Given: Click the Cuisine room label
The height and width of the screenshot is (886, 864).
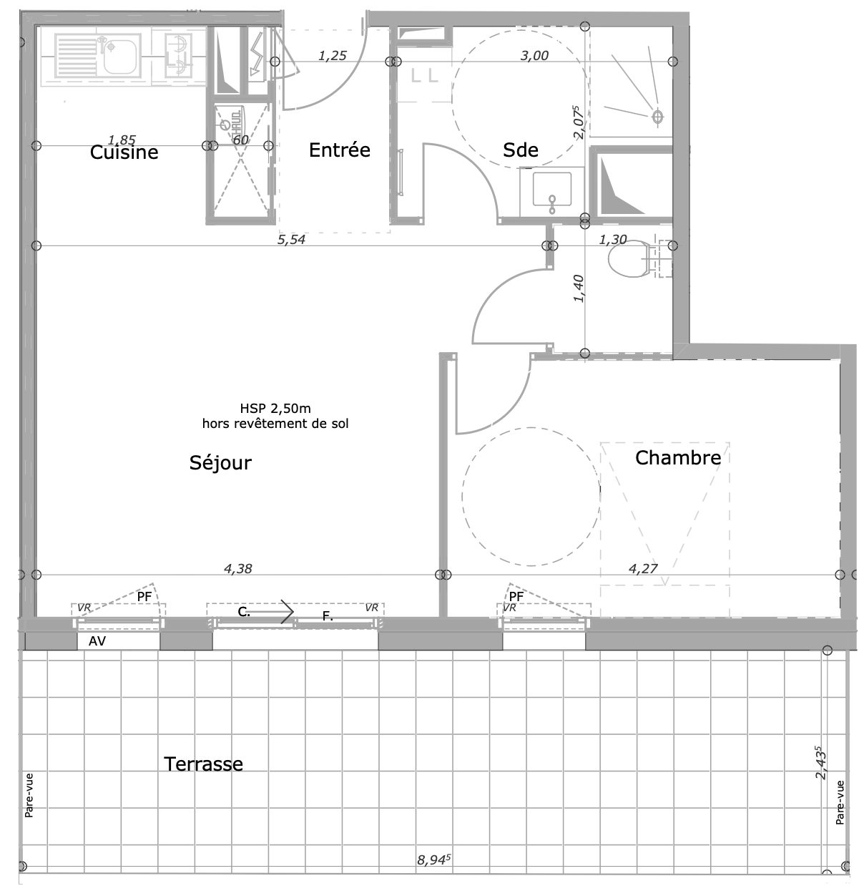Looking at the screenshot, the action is (x=124, y=152).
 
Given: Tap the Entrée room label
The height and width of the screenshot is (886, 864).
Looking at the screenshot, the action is (x=340, y=150).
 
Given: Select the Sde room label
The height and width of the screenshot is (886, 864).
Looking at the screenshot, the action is (x=521, y=150).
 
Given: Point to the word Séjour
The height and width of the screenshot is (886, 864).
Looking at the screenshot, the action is (x=220, y=462).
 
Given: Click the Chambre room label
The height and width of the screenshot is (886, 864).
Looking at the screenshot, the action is (x=678, y=458).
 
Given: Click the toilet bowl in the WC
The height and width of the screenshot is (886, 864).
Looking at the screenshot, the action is (x=628, y=258).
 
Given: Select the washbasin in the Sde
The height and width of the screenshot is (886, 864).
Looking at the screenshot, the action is (x=552, y=190).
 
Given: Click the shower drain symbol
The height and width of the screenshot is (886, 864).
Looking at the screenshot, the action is (x=657, y=117).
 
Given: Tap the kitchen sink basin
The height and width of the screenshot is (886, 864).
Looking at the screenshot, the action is (x=119, y=57).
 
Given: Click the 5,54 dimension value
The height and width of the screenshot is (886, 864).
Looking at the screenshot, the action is (x=291, y=240).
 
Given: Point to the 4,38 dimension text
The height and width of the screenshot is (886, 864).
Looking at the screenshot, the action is (x=237, y=569).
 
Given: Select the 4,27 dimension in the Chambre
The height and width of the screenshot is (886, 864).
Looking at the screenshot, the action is (x=643, y=569).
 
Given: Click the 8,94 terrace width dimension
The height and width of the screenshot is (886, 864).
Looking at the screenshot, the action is (x=433, y=859).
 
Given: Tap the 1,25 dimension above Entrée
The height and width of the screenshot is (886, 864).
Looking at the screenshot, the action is (x=332, y=56).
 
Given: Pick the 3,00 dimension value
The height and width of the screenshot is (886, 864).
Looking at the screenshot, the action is (x=534, y=56).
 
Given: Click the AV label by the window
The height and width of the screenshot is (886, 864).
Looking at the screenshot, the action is (x=97, y=641).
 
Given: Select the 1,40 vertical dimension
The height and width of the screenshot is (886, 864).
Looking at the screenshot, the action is (x=579, y=288).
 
